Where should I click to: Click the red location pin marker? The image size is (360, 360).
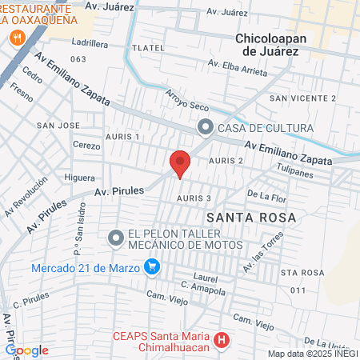click(180, 162)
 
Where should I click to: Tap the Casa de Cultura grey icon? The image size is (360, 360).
click(206, 126)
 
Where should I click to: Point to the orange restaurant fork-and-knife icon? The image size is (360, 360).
click(16, 37)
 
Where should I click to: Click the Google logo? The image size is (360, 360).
click(26, 350)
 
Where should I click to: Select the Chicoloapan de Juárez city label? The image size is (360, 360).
click(278, 44)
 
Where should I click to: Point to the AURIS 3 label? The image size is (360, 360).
click(194, 198)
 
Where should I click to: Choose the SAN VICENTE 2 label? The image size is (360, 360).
click(302, 98)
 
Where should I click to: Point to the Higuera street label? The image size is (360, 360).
click(79, 178)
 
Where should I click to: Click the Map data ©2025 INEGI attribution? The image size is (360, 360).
click(312, 354)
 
